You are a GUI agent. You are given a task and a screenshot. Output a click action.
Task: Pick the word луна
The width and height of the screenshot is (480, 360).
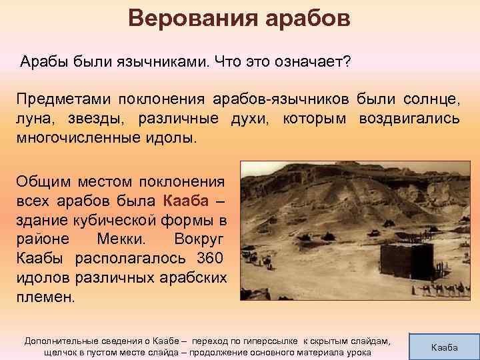[x=34, y=120]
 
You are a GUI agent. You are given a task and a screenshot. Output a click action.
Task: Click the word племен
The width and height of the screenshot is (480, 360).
[x=45, y=297]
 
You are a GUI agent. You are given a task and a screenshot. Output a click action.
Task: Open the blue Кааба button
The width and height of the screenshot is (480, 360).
[x=445, y=347]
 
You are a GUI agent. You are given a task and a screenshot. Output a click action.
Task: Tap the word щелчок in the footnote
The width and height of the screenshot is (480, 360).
[x=61, y=352]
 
